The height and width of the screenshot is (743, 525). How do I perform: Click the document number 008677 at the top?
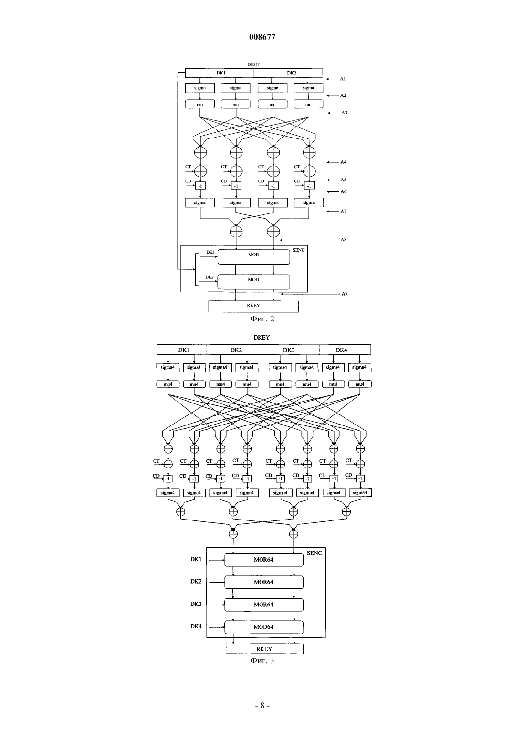pos(262,37)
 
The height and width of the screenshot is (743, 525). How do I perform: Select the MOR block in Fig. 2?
pos(253,257)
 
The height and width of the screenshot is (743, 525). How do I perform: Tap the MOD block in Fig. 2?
pos(253,282)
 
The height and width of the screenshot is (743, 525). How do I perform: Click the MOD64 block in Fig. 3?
pos(264,627)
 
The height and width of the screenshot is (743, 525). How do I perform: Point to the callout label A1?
pos(343,79)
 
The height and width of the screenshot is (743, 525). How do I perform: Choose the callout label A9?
pos(345,294)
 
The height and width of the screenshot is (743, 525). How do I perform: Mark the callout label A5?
pos(343,180)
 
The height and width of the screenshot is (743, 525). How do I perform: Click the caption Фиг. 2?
pos(262,319)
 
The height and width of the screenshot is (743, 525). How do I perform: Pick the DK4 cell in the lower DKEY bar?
pos(345,350)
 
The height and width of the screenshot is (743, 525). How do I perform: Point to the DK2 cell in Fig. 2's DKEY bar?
pos(288,73)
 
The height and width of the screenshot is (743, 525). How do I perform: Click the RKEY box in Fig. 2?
pos(253,307)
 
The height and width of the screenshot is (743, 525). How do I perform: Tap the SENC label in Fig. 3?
pos(314,553)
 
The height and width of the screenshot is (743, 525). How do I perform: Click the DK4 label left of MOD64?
pos(196,626)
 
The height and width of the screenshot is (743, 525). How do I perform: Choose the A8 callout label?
pos(343,240)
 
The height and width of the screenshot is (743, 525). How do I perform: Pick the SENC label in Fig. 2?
pos(298,250)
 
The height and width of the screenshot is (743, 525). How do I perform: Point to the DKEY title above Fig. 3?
pos(262,337)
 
